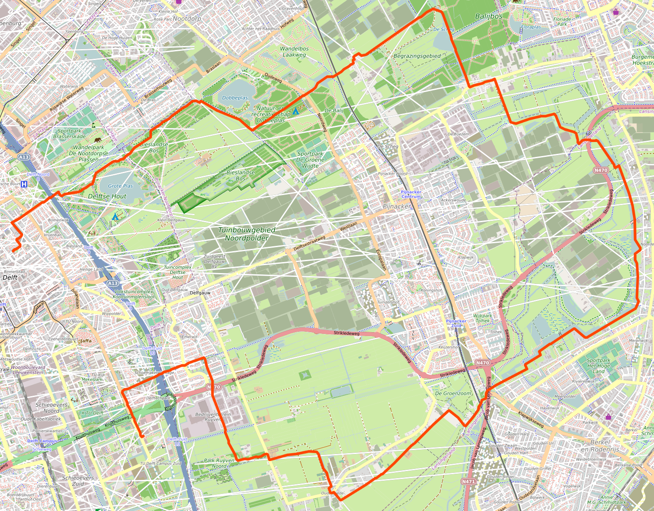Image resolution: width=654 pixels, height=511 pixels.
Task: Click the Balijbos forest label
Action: [489, 16]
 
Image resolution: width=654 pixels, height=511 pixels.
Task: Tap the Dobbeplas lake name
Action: [235, 98]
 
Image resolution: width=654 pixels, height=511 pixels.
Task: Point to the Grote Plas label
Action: [120, 186]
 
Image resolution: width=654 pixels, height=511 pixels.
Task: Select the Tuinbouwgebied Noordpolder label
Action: [247, 234]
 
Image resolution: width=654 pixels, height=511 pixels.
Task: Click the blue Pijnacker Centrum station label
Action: [411, 194]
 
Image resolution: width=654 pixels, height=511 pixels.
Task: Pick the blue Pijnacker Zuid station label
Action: [456, 323]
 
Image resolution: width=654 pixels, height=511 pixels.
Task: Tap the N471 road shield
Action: [468, 481]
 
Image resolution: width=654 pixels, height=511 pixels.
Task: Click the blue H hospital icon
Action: [25, 184]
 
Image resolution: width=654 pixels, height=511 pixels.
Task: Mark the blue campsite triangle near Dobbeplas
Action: [296, 111]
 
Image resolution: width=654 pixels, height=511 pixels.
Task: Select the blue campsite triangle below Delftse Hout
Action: [115, 216]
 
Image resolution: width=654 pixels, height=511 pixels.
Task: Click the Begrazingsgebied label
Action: [417, 56]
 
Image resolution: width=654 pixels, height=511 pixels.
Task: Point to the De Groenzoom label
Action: [453, 393]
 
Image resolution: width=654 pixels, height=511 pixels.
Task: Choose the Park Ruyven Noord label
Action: [219, 463]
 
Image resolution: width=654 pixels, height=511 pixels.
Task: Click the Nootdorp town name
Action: [187, 19]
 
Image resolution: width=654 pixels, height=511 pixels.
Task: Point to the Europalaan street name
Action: [381, 259]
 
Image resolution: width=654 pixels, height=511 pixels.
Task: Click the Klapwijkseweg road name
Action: [531, 419]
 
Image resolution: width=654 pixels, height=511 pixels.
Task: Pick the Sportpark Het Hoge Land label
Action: [598, 366]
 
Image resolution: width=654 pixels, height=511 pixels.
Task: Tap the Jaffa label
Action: [86, 341]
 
